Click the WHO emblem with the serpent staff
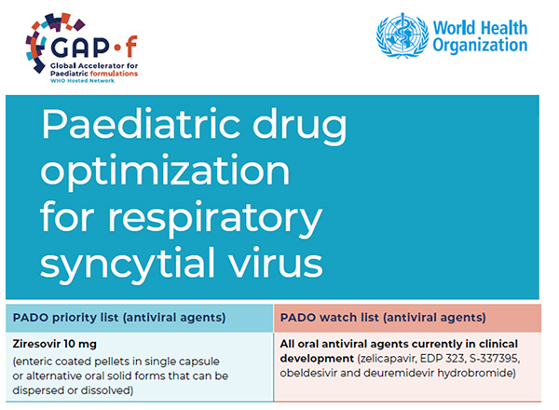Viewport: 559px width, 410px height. [x=402, y=35]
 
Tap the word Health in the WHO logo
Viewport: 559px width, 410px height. [x=504, y=28]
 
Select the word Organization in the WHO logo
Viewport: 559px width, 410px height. [x=480, y=46]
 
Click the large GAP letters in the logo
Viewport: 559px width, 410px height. [x=79, y=46]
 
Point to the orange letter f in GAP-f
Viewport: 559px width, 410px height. [x=131, y=46]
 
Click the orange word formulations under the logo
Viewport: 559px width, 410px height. [x=114, y=74]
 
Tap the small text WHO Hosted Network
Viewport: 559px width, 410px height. [x=82, y=81]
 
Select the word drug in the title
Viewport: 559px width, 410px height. [x=299, y=128]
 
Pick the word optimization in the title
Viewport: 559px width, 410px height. [x=165, y=171]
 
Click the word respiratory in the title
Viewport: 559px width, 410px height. [x=215, y=219]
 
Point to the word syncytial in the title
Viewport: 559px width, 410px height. [x=129, y=265]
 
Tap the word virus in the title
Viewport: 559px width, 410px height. [x=276, y=262]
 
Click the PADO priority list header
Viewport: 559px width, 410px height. [x=119, y=318]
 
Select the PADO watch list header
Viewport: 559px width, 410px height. [x=383, y=318]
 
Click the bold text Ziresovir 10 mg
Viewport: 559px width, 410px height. [x=55, y=344]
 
